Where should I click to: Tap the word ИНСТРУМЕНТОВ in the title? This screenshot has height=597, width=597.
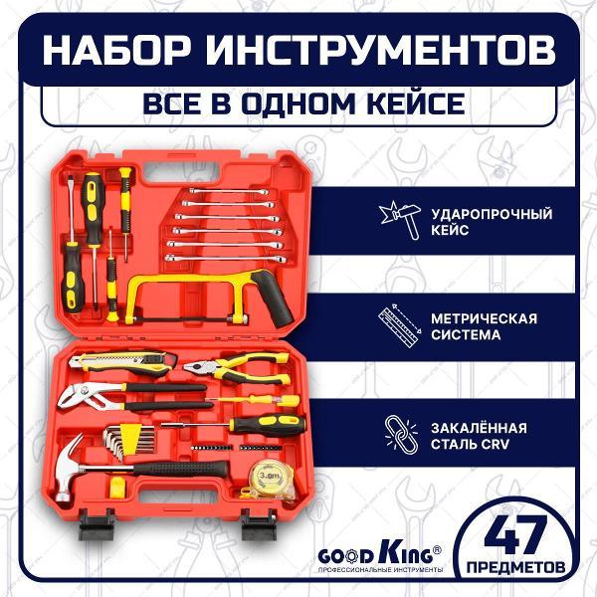(x=378, y=52)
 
